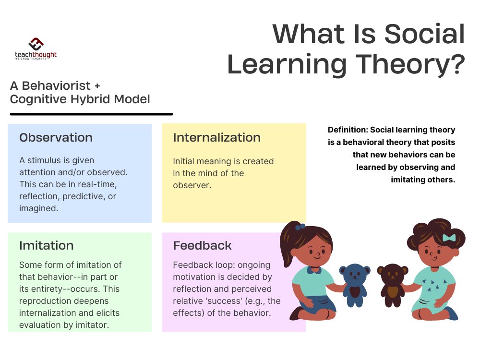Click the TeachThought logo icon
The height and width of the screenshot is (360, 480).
[x=36, y=44]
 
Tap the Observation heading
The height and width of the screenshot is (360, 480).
[x=56, y=138]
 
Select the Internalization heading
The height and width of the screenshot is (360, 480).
[x=216, y=138]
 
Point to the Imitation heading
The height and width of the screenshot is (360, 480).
[x=46, y=246]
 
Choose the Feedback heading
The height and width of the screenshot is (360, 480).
[x=202, y=246]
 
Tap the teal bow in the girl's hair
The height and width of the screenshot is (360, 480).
[x=449, y=238]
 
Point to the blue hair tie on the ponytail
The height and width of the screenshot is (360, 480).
[x=300, y=227]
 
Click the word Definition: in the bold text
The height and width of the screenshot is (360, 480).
[x=348, y=130]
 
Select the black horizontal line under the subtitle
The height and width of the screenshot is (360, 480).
[x=91, y=114]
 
